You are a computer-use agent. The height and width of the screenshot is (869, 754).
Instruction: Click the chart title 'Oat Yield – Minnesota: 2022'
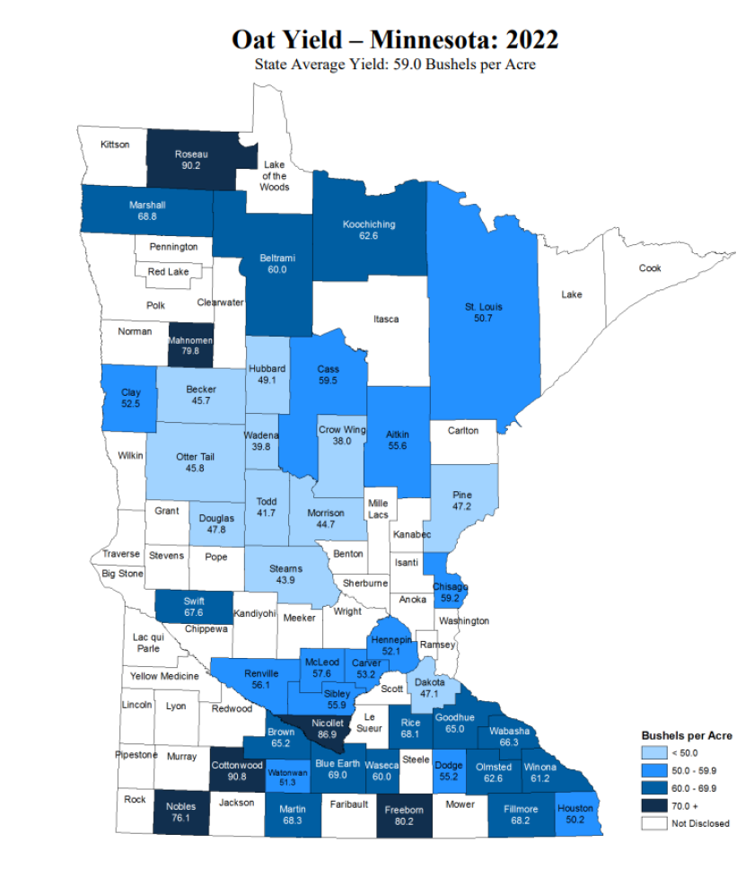(x=395, y=39)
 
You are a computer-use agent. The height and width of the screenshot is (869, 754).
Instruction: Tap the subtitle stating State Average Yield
(x=395, y=65)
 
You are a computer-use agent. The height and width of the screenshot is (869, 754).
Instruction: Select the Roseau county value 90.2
(x=190, y=165)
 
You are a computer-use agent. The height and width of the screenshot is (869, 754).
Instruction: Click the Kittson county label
(x=115, y=145)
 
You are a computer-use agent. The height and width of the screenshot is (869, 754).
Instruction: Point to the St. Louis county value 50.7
(x=483, y=319)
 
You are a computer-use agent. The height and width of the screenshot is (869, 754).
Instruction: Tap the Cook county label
(x=649, y=268)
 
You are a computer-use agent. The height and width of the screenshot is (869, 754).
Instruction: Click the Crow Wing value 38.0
(x=342, y=442)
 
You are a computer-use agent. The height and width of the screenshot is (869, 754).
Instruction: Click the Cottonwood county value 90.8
(x=236, y=777)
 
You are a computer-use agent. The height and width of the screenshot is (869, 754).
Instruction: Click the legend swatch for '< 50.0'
(x=653, y=753)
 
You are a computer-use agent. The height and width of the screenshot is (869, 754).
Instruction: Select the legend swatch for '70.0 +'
(x=653, y=805)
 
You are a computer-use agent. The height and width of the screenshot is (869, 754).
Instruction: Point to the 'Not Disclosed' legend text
(x=700, y=823)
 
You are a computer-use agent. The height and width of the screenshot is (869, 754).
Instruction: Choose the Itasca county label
(x=386, y=319)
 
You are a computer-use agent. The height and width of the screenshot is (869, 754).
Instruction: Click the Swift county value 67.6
(x=194, y=612)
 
